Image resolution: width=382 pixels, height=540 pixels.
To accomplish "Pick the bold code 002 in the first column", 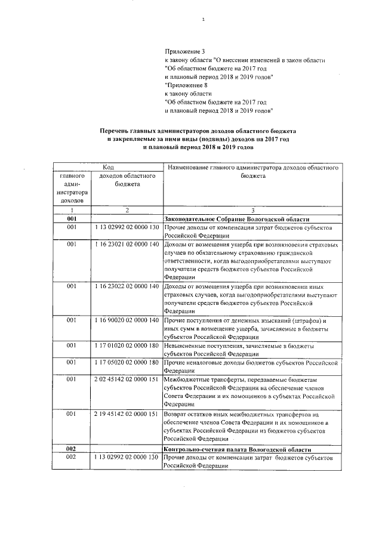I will pyautogui.click(x=72, y=448).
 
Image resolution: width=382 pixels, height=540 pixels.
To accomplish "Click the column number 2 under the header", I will pyautogui.click(x=127, y=211).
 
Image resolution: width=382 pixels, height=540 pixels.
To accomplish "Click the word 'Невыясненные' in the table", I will pyautogui.click(x=187, y=346).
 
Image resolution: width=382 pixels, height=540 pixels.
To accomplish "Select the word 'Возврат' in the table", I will pyautogui.click(x=177, y=414).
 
